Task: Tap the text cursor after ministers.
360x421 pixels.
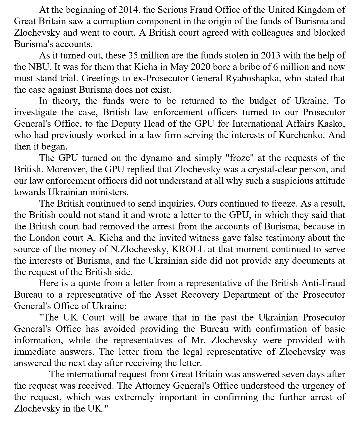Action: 129,192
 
